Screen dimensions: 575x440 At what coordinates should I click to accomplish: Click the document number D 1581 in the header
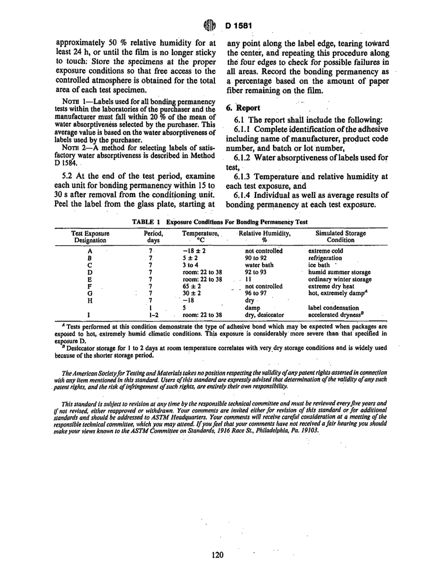[239, 23]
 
